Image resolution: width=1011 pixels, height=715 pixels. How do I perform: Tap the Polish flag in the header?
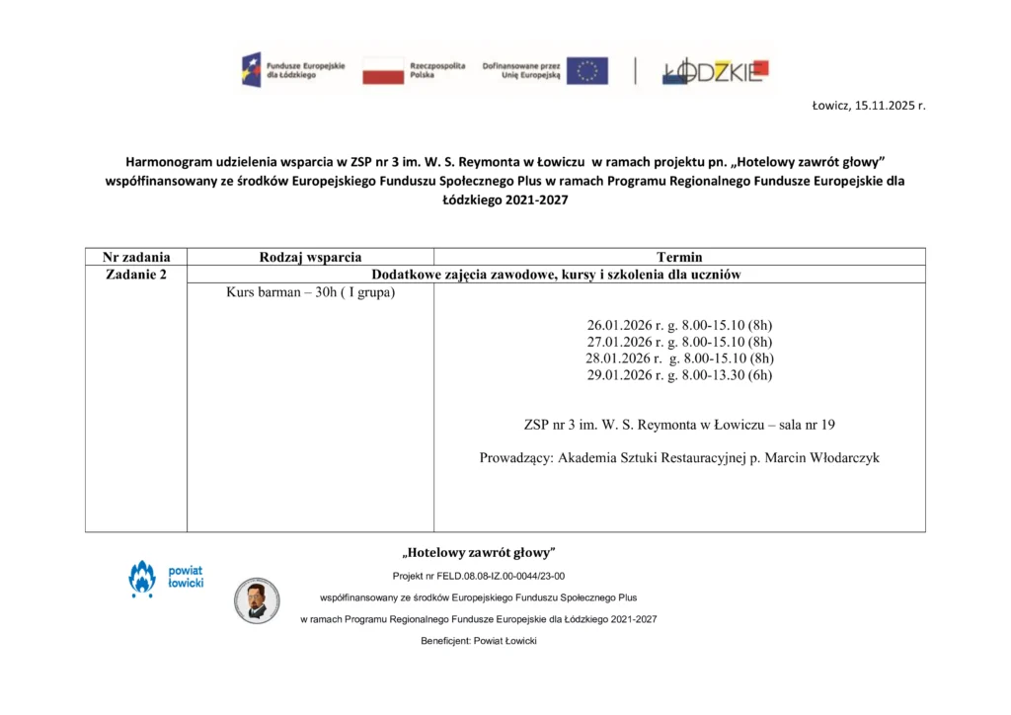(383, 70)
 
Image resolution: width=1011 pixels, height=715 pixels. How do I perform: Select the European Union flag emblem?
(587, 70)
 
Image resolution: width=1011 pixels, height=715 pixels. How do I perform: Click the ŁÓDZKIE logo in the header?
(715, 70)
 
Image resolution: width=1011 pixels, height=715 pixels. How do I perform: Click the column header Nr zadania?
(136, 257)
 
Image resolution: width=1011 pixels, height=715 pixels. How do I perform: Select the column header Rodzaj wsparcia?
(310, 257)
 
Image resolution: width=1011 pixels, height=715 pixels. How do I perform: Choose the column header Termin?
(679, 257)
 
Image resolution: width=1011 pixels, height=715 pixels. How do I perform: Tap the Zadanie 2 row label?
(136, 275)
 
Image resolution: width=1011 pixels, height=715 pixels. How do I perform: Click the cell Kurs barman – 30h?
(310, 292)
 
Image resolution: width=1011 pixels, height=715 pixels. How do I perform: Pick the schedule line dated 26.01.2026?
(680, 325)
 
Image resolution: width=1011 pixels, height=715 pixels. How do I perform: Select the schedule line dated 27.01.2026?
(680, 342)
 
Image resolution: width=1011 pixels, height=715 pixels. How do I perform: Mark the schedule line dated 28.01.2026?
(680, 358)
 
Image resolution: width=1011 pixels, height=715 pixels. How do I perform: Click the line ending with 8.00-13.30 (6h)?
(680, 375)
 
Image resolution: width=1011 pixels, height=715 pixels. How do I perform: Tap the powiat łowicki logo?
(166, 579)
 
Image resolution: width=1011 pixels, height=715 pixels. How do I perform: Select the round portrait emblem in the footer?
(257, 599)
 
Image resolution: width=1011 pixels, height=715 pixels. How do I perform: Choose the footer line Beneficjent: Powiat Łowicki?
(479, 641)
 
